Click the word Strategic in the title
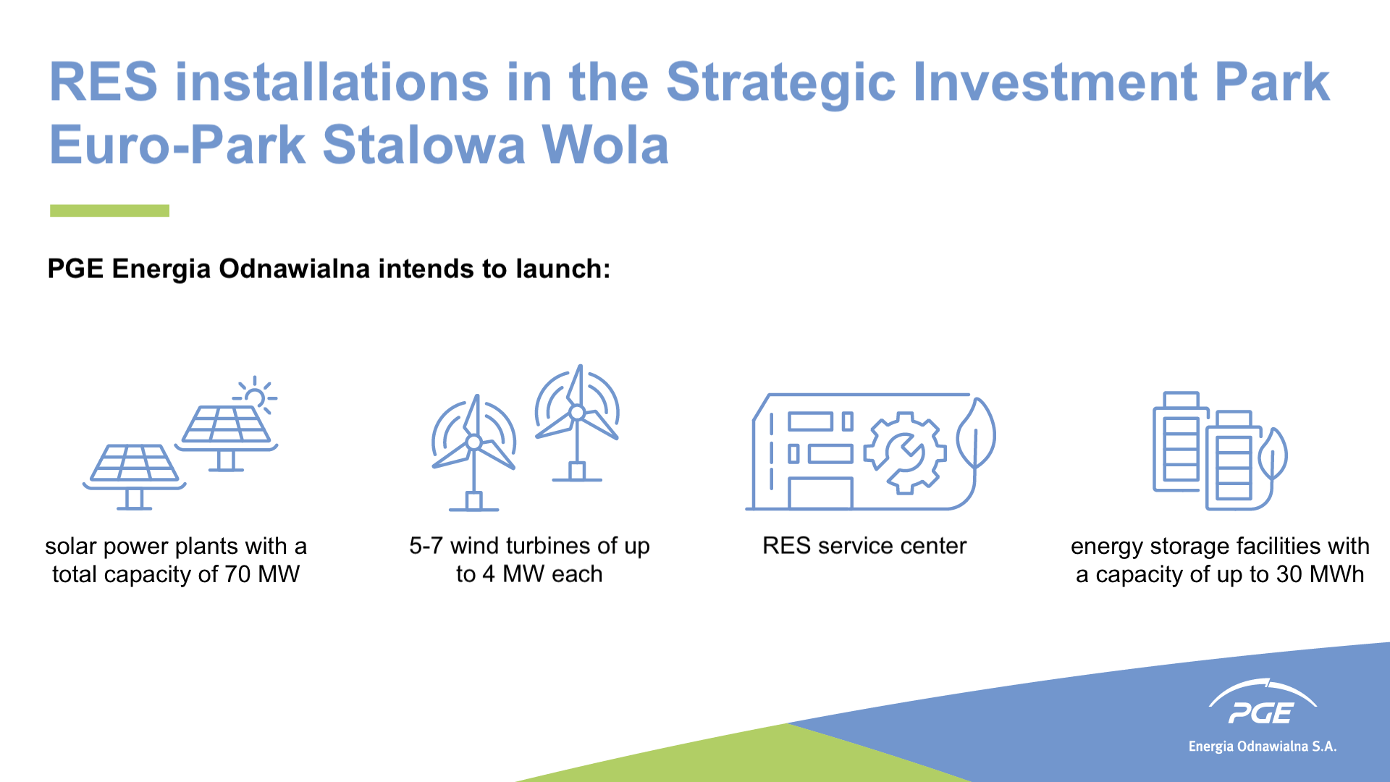tap(780, 83)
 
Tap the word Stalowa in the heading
tap(424, 145)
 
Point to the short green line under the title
tap(109, 211)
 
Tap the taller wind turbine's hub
tap(577, 413)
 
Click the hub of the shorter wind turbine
tap(473, 442)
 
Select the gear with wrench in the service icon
tap(904, 453)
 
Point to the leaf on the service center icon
tap(975, 435)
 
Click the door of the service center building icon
tap(820, 492)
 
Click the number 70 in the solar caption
tap(237, 574)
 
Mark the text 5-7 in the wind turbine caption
tap(426, 545)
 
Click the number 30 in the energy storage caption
tap(1289, 574)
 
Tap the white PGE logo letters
tap(1260, 713)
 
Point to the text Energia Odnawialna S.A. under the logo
tap(1263, 747)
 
